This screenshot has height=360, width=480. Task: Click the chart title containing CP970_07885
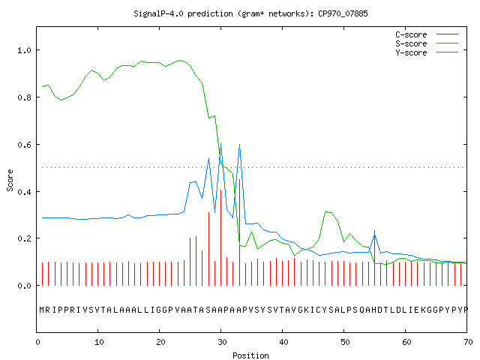coord(250,13)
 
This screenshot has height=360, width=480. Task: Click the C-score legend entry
coord(427,34)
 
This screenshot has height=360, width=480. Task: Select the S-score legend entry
coord(427,43)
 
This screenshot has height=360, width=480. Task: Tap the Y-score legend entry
coord(427,52)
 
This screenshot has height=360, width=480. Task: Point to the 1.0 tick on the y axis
coord(24,50)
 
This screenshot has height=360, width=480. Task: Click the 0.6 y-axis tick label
coord(24,145)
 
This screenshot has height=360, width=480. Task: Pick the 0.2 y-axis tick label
coord(24,238)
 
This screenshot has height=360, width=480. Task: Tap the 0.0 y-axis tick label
coord(24,286)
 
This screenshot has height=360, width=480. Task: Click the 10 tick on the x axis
coord(99,342)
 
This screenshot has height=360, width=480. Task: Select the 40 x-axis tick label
coord(283,342)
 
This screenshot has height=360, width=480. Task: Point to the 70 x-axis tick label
coord(468,342)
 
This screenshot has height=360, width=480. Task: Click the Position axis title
coord(250,355)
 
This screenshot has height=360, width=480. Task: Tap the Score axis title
coord(10,180)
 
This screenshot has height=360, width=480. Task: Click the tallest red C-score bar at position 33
coord(239,232)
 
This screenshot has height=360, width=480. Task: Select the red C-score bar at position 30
coord(220,238)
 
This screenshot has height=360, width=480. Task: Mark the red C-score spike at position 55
coord(374,258)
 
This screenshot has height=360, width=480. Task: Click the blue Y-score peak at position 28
coord(208,159)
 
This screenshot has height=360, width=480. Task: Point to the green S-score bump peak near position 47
coord(326,211)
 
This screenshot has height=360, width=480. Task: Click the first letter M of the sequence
coord(42,310)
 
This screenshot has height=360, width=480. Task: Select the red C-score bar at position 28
coord(208,249)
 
